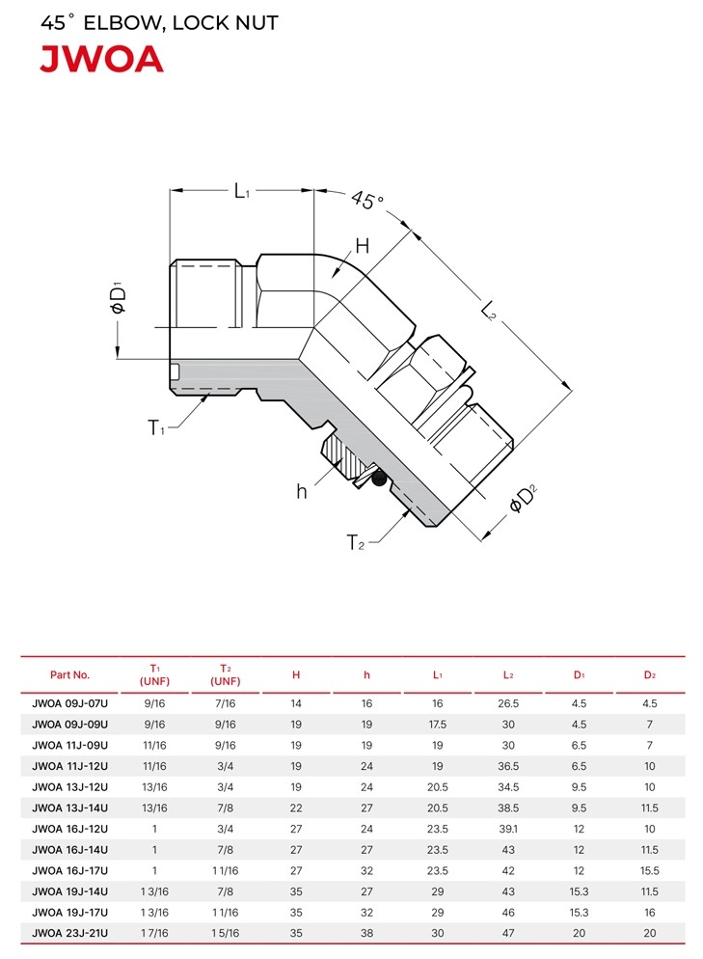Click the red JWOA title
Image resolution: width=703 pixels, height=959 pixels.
101,59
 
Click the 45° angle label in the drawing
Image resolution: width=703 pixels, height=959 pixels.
368,200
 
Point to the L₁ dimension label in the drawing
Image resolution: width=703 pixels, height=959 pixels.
242,191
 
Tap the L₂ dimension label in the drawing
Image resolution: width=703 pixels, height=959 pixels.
488,310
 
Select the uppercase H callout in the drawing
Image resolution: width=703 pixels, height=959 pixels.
362,246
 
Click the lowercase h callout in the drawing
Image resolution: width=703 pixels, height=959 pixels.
302,490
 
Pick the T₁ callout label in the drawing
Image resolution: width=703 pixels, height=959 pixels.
156,426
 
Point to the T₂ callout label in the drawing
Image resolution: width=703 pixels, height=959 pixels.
355,542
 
